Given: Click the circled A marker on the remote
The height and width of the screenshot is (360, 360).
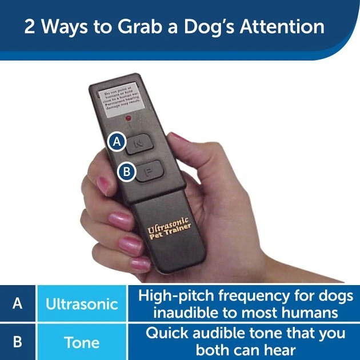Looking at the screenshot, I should click(x=118, y=142).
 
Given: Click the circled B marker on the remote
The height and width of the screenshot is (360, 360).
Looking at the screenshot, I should click(x=127, y=171).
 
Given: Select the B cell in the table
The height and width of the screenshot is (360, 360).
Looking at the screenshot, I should click(x=17, y=342).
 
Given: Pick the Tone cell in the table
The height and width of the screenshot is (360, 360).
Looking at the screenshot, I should click(x=82, y=342).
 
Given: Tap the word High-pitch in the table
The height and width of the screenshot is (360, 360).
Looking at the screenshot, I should click(x=174, y=295).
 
